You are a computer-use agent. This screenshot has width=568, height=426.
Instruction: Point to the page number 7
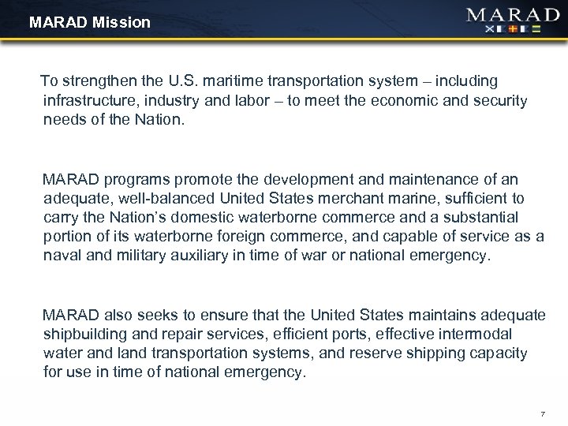click(x=542, y=413)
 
